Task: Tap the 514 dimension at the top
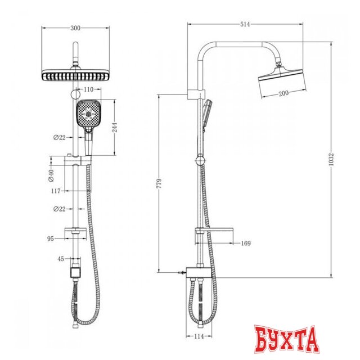coord(245,24)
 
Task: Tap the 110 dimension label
coord(89,90)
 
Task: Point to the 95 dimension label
coord(51,238)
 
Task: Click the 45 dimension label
coord(61,259)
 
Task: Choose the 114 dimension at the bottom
coord(200,337)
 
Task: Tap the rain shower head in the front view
coord(74,75)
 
